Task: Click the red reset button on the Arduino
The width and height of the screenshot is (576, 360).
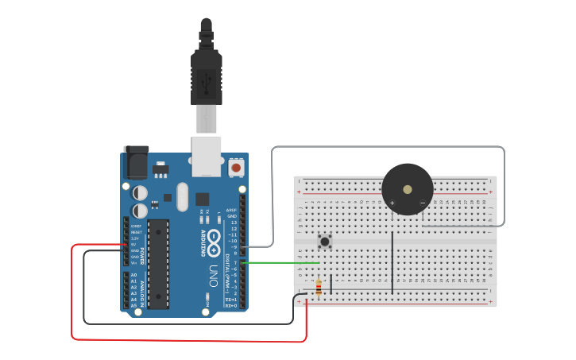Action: tap(236, 168)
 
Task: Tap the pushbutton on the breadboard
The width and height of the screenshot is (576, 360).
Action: tap(324, 241)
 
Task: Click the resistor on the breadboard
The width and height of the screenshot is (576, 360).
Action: tap(319, 288)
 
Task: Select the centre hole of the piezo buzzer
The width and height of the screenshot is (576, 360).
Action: tap(408, 189)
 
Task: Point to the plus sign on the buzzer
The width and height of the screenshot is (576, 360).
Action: tap(392, 203)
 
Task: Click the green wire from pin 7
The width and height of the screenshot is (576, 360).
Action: tap(286, 262)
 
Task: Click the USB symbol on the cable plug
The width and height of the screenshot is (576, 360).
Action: tap(207, 80)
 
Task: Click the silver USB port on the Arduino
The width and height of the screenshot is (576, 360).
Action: tap(207, 155)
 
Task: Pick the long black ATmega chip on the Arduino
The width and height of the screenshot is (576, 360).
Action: tap(160, 263)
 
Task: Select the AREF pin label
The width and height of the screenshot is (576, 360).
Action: tap(232, 211)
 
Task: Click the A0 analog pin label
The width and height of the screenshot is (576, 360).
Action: tap(133, 274)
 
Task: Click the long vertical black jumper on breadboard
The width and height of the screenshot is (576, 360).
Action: tap(392, 262)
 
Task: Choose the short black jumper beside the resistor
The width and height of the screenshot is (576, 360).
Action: tap(331, 284)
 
